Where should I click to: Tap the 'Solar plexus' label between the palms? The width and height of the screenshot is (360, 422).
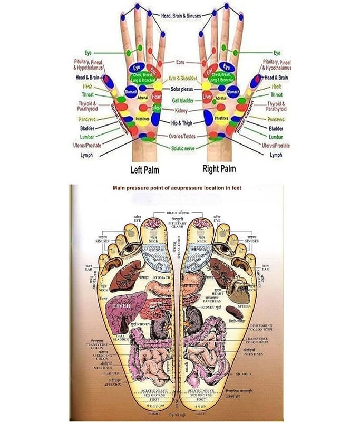pyautogui.click(x=181, y=89)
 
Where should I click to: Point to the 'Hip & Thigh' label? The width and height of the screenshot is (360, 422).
pyautogui.click(x=181, y=122)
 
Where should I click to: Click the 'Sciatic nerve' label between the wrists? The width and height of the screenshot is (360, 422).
pyautogui.click(x=181, y=148)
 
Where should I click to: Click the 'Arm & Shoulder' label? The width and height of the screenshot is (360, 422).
pyautogui.click(x=181, y=78)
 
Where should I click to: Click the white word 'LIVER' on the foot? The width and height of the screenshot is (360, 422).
pyautogui.click(x=123, y=305)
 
